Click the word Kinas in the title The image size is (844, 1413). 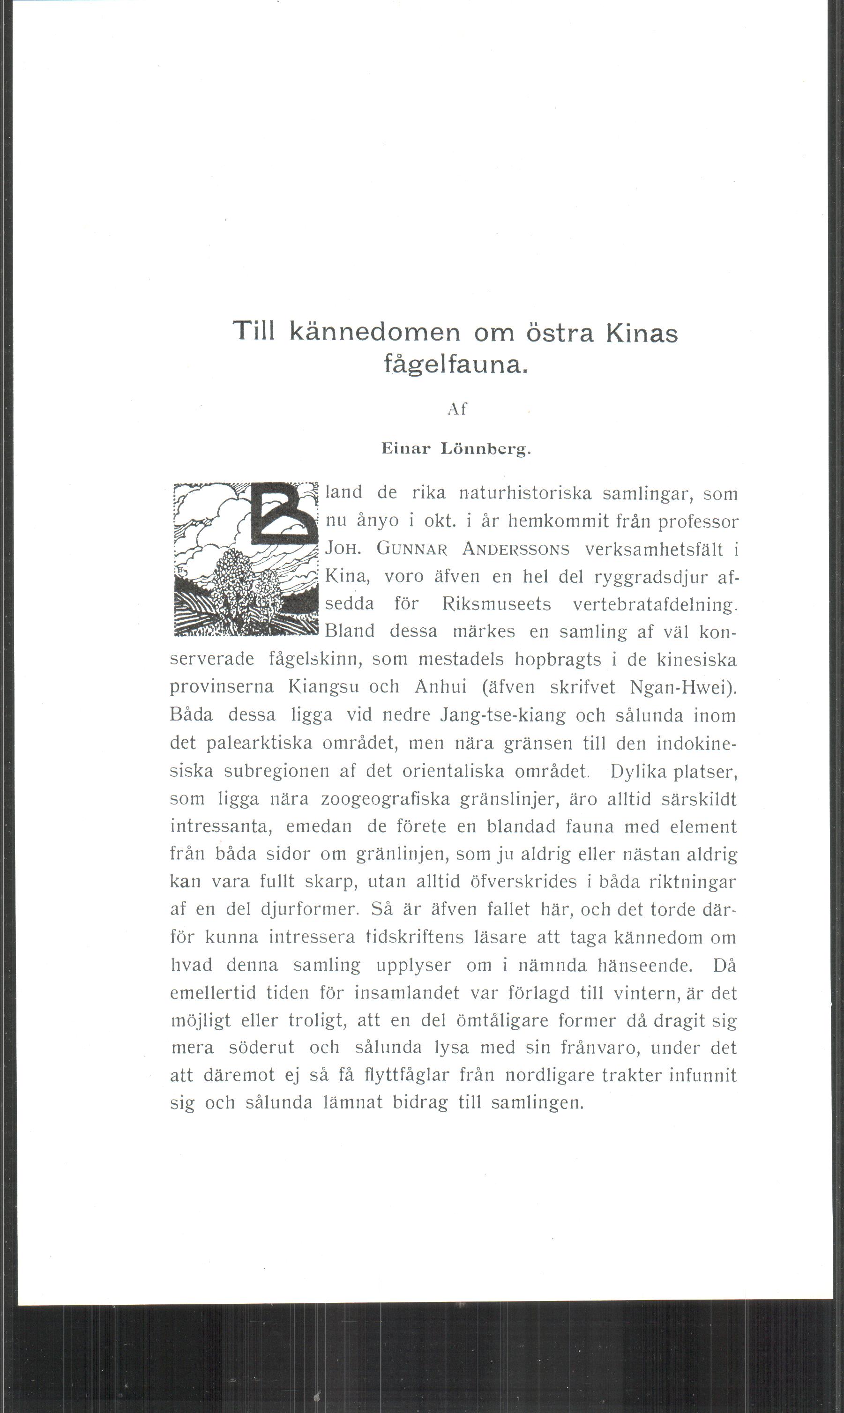tap(641, 333)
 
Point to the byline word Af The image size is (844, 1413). tap(457, 409)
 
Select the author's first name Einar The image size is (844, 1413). tap(406, 449)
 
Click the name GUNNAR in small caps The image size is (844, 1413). tap(412, 549)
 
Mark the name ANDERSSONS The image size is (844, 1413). tap(515, 549)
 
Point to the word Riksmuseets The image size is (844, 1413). tap(496, 604)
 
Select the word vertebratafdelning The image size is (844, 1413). tap(654, 604)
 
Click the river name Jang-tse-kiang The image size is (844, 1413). tap(503, 715)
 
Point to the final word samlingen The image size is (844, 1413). tap(537, 1103)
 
